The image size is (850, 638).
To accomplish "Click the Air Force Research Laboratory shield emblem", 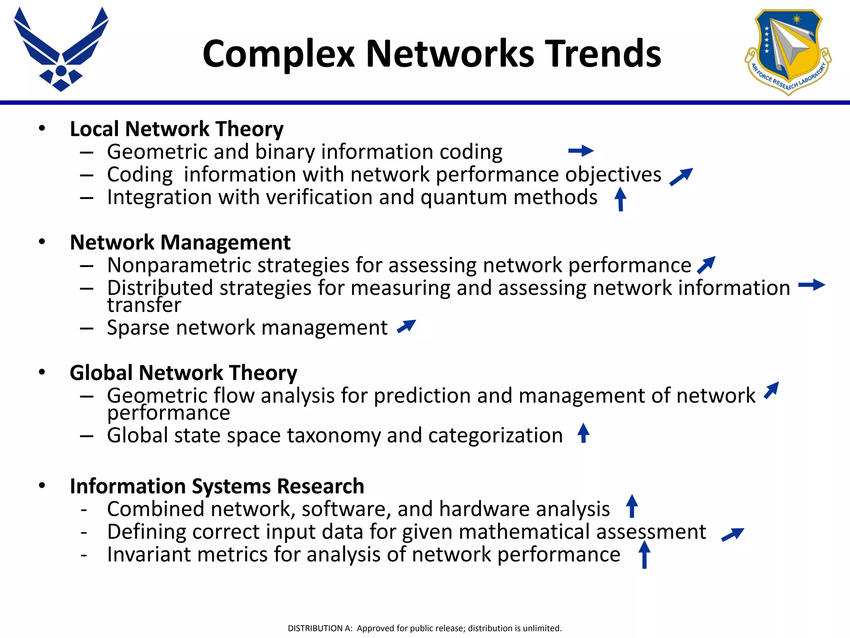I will click(787, 52).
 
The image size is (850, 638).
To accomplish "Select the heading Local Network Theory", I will click(176, 129).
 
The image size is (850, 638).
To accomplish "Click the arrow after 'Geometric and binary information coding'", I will click(581, 151).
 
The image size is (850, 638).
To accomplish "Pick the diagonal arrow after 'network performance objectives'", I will click(681, 177).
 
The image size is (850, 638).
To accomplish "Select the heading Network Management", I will click(180, 242).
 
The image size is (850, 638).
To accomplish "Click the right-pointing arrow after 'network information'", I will click(811, 285).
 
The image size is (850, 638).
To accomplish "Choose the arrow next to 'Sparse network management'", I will click(406, 326).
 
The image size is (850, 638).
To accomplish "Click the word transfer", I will click(144, 305).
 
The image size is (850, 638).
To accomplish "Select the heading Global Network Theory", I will click(183, 373).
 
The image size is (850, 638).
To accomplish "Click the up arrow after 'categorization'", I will click(584, 433).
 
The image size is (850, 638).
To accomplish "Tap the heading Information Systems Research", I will click(217, 486).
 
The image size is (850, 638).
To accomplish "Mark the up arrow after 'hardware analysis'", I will click(632, 506).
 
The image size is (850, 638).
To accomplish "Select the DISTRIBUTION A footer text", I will click(425, 628).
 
